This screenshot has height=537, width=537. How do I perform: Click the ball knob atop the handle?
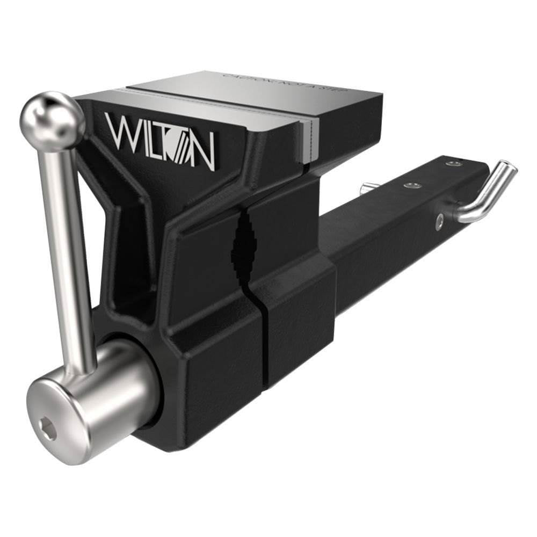tap(52, 117)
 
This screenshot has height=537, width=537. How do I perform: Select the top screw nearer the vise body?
tap(411, 185)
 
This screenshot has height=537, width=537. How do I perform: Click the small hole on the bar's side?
tap(439, 219)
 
